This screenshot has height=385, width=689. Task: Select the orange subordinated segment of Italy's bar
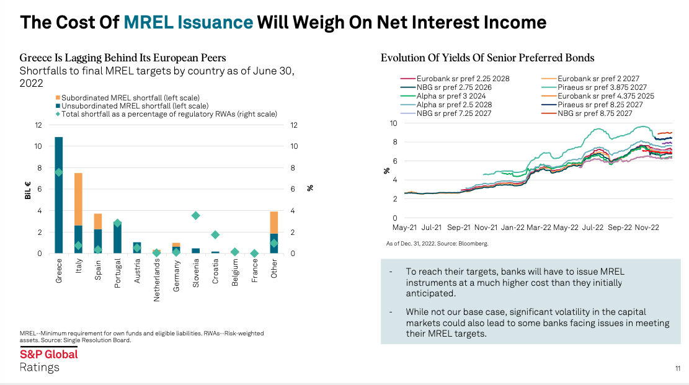point(78,198)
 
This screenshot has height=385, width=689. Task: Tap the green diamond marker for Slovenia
point(195,215)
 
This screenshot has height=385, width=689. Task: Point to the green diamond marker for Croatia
point(215,234)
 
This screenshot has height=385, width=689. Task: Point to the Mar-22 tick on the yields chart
point(540,228)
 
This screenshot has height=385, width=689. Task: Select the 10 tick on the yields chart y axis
point(393,123)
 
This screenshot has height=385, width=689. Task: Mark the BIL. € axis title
point(28,189)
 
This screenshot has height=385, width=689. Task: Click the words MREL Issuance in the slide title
point(189,23)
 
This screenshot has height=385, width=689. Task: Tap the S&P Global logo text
point(49,354)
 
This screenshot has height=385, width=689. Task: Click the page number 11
point(678,369)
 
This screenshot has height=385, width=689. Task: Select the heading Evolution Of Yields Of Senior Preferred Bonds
point(487,58)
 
